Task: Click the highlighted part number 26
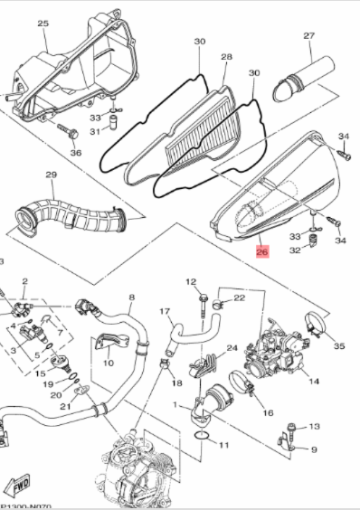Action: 262,251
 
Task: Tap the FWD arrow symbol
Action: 20,486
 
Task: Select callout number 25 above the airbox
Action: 43,24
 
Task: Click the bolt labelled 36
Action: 69,131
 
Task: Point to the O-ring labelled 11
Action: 202,436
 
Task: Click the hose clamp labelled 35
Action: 315,324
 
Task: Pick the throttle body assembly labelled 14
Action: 275,351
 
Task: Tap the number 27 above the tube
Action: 309,35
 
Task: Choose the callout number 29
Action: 51,175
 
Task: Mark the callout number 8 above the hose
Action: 131,297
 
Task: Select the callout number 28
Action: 226,57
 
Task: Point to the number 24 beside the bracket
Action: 232,348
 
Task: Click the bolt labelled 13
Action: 291,433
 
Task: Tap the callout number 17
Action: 165,312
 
